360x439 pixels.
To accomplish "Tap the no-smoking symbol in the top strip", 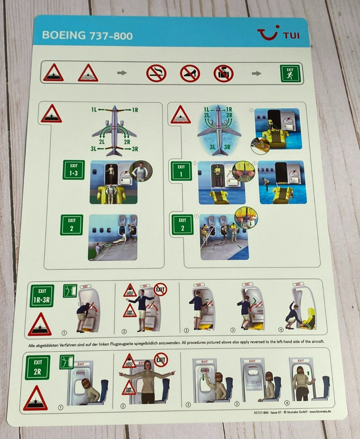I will (156, 73).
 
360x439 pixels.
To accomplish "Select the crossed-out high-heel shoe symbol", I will (190, 73).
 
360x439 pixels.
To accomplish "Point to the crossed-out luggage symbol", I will (223, 73).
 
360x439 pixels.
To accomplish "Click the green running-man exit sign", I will (290, 73).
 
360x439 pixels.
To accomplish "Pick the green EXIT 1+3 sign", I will (73, 170).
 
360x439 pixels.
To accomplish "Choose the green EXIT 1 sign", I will (181, 171).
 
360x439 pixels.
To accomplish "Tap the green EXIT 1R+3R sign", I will (42, 295).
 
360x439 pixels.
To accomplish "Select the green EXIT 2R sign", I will (38, 367).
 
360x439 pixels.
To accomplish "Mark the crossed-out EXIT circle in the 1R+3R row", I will (161, 289).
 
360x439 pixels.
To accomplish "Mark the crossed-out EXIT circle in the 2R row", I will (161, 359).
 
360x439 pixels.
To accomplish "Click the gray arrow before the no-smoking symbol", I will (122, 73).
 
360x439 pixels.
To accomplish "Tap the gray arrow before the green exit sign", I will (257, 73).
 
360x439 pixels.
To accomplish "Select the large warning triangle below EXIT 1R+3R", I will (40, 325).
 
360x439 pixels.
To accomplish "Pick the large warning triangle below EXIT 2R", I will (36, 398).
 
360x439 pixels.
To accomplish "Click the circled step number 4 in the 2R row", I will (287, 403).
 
